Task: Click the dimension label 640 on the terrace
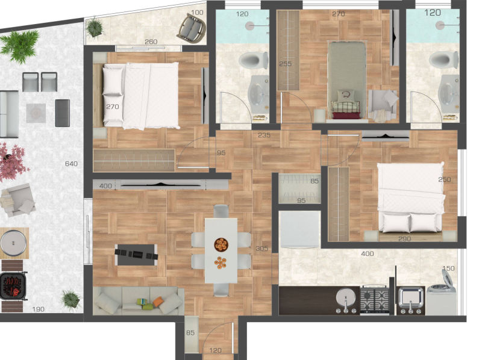[x=71, y=164]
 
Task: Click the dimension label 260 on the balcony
[x=151, y=42]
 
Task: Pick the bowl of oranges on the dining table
[x=221, y=244]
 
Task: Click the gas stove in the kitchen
[x=374, y=299]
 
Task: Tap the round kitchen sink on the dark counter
[x=346, y=297]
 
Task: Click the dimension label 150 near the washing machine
[x=448, y=268]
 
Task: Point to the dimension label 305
[x=262, y=248]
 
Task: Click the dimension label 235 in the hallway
[x=264, y=135]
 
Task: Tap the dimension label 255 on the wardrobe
[x=285, y=64]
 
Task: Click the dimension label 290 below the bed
[x=404, y=238]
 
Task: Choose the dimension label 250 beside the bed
[x=445, y=179]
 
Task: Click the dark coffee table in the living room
[x=136, y=255]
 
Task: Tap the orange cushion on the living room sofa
[x=158, y=302]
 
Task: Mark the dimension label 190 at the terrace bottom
[x=39, y=309]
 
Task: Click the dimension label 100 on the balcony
[x=197, y=13]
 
